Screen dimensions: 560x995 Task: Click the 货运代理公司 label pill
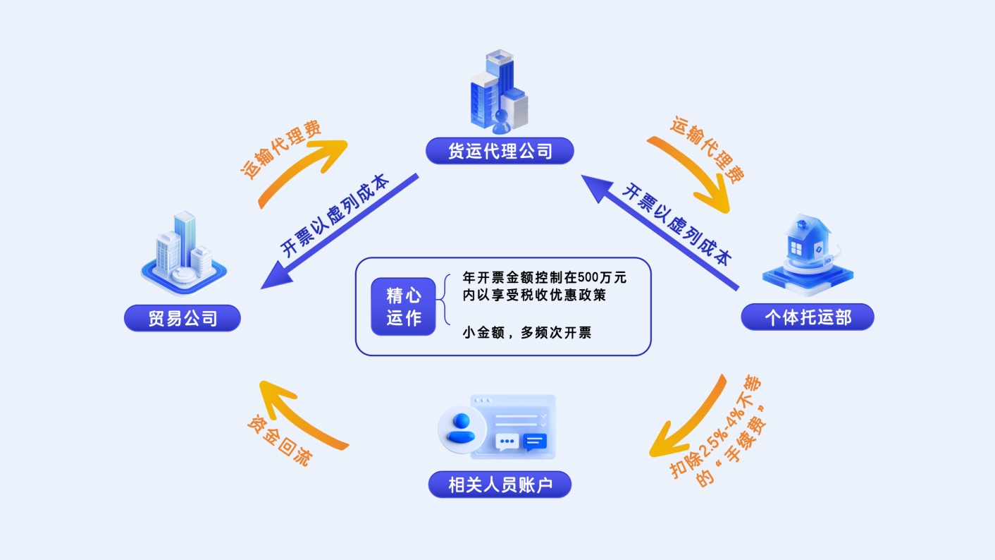(500, 151)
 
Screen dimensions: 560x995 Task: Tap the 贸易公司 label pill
(183, 318)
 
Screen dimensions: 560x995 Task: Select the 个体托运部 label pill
(807, 317)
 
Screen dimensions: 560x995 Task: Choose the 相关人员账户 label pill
(500, 485)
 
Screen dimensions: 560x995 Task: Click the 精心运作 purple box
(403, 306)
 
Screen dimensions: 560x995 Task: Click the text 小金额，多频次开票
(527, 332)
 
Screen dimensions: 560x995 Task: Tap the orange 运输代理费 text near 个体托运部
(707, 150)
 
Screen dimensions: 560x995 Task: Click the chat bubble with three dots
(507, 442)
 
